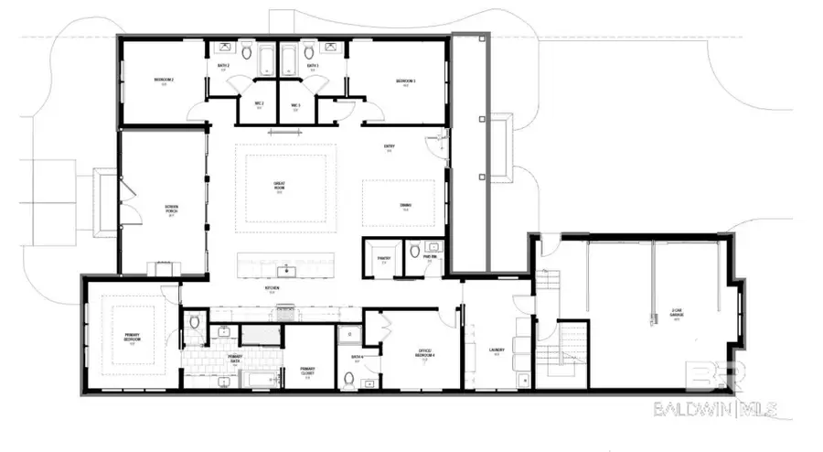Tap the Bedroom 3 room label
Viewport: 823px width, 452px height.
(406, 81)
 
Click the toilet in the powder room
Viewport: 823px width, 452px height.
(414, 250)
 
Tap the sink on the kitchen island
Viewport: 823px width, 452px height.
(286, 269)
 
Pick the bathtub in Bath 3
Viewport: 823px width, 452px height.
(287, 61)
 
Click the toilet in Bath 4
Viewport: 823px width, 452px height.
(347, 377)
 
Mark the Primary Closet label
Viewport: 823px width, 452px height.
(307, 371)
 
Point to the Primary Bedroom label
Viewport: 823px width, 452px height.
(133, 338)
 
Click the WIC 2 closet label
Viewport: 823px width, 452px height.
(258, 104)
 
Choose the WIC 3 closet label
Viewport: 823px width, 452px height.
(295, 104)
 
